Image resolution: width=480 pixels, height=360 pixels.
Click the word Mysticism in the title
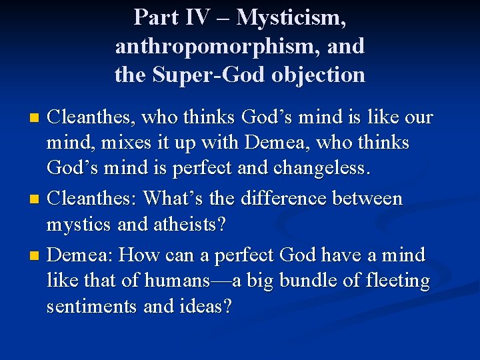pyautogui.click(x=291, y=18)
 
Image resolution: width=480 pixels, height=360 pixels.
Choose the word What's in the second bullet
pyautogui.click(x=173, y=198)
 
